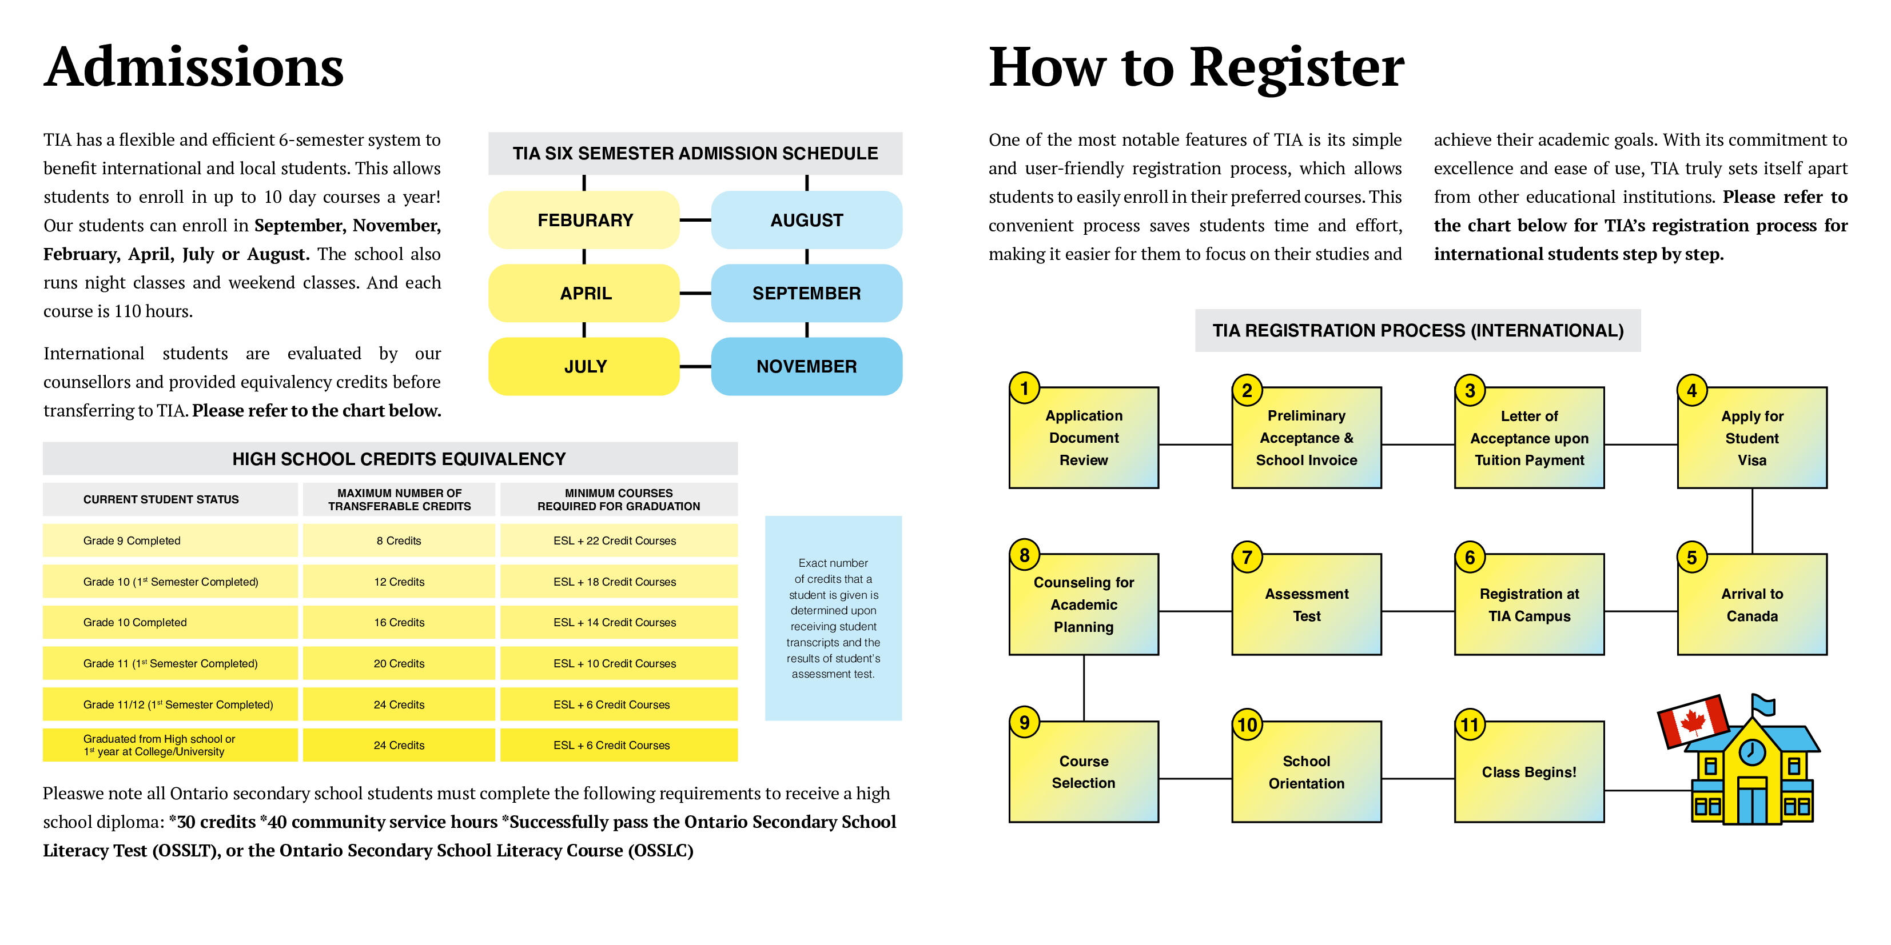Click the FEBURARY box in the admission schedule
(x=584, y=220)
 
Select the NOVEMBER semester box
(x=806, y=366)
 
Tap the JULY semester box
(x=584, y=366)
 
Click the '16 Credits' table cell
(x=399, y=622)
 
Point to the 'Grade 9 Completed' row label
(x=132, y=540)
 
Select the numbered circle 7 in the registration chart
(x=1247, y=558)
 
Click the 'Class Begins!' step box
(x=1529, y=772)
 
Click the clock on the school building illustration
(x=1752, y=752)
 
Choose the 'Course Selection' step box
(x=1084, y=772)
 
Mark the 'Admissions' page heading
(x=194, y=67)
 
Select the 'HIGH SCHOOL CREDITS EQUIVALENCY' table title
(x=399, y=459)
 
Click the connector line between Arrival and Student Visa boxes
(x=1752, y=521)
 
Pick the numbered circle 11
(x=1470, y=725)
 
